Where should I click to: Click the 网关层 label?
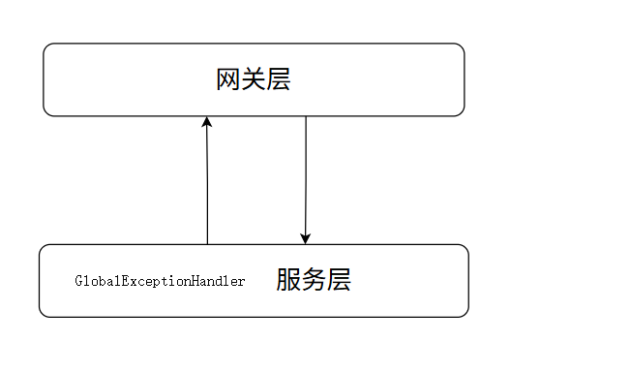[254, 79]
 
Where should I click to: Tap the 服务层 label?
[313, 281]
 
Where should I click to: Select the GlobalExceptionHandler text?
[160, 281]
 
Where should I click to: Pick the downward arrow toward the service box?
[306, 179]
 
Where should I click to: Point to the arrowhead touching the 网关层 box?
[206, 122]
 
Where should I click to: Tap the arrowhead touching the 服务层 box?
[306, 238]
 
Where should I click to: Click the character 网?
[228, 79]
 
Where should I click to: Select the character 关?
[254, 79]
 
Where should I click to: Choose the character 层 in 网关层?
[279, 79]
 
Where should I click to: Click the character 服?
[287, 281]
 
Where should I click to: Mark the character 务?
[313, 281]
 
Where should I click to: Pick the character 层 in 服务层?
[338, 281]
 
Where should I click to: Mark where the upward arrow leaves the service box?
[207, 243]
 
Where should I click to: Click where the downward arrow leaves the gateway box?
[306, 117]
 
